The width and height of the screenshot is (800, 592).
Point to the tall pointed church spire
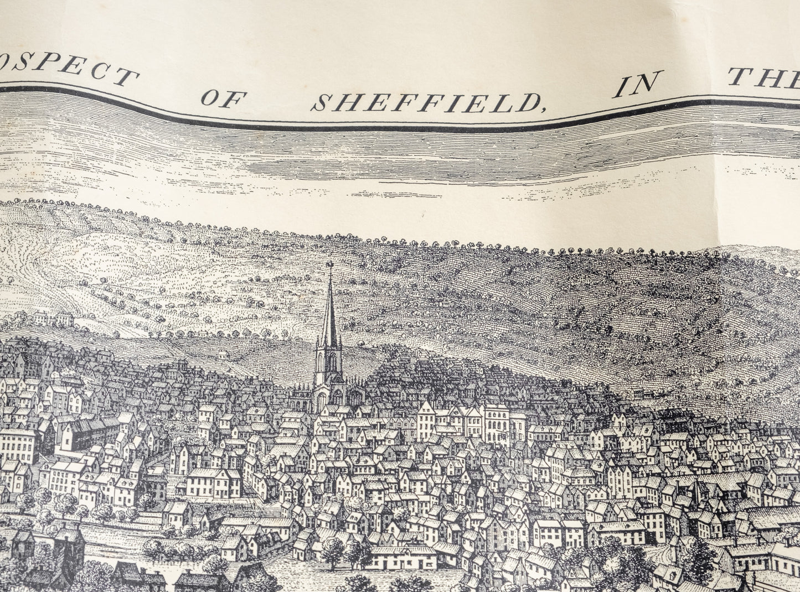click(330, 310)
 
